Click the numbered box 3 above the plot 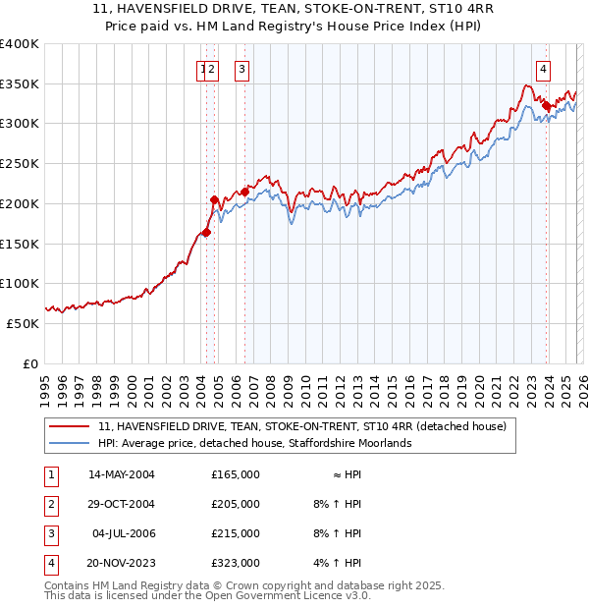pos(241,69)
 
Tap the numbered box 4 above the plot pos(543,69)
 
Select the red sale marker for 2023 pos(546,105)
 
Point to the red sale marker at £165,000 pos(206,233)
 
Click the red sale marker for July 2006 pos(244,193)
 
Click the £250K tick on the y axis pos(20,164)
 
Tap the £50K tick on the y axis pos(23,323)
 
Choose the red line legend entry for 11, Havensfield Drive pos(301,426)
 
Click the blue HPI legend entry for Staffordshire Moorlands pos(254,443)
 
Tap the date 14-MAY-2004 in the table pos(122,474)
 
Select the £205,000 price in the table pos(235,504)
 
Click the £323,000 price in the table pos(235,563)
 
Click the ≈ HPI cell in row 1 pos(348,474)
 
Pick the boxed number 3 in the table pos(49,533)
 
